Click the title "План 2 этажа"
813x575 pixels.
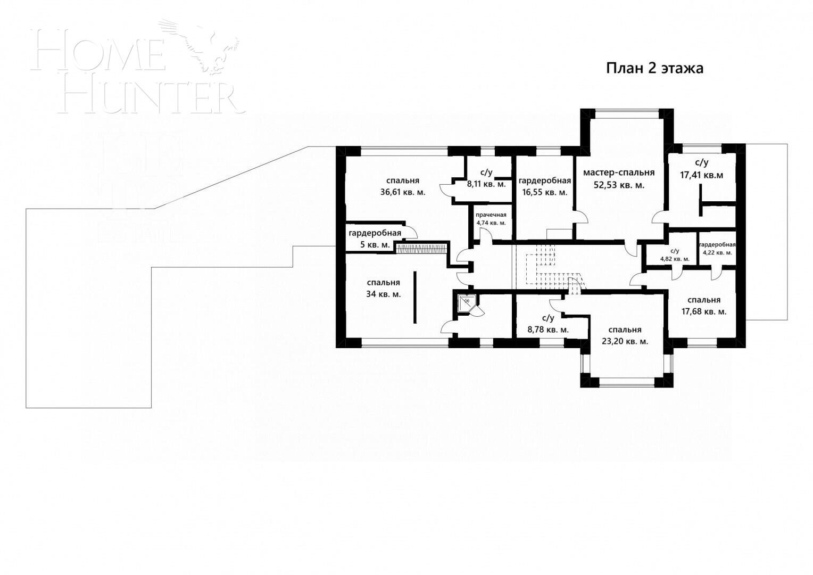point(654,69)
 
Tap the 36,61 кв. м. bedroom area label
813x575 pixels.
point(402,192)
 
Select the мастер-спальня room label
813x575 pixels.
point(618,172)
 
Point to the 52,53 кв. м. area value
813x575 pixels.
point(618,185)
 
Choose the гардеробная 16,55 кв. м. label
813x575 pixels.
point(545,186)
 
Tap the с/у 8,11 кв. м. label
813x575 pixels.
point(486,178)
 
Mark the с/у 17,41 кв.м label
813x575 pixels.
point(701,168)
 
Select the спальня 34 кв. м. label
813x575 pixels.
point(383,288)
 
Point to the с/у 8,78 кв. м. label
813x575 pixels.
point(548,324)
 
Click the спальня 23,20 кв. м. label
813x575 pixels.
point(625,335)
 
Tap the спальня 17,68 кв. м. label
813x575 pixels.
point(703,306)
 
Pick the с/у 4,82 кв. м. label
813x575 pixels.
point(675,254)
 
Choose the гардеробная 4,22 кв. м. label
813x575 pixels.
point(717,249)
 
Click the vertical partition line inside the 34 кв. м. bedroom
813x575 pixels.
point(415,297)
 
